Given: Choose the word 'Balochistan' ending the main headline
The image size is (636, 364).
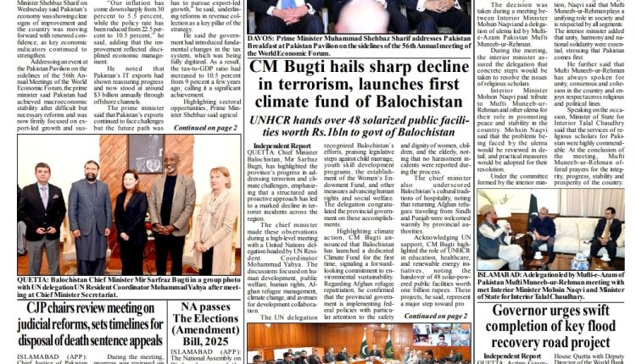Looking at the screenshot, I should pyautogui.click(x=403, y=107).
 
